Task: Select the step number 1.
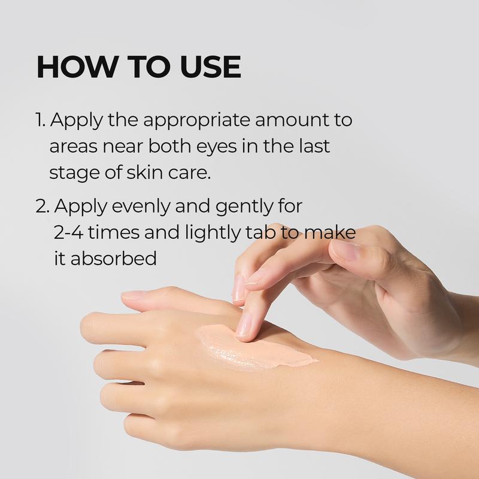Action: coord(40,120)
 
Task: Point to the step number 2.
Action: coord(42,206)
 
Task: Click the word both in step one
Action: coord(151,146)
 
